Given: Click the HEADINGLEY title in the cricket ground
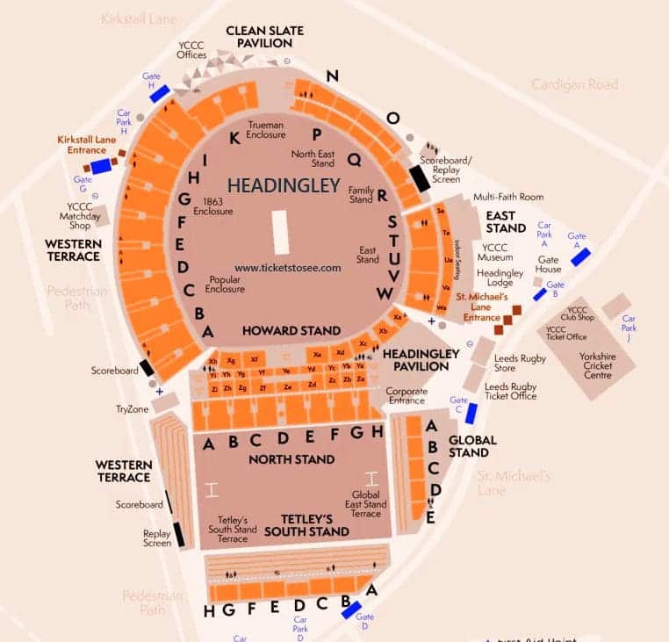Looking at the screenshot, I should point(284,185).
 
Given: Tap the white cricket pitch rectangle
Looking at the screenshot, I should point(281,232).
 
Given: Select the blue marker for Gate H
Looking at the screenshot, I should point(159,93).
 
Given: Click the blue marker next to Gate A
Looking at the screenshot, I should point(580,257).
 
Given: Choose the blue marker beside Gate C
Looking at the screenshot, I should point(471,413).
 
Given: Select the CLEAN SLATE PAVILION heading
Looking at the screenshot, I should point(264,37).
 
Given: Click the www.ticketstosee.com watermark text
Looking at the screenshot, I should point(287,268).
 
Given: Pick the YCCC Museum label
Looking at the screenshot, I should point(495,252).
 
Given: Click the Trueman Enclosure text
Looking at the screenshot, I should point(267,130).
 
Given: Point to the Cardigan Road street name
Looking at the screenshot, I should point(574,84).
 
